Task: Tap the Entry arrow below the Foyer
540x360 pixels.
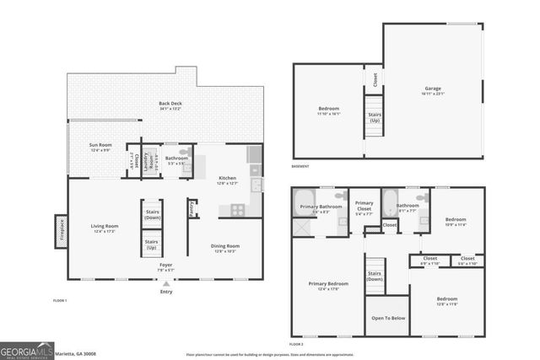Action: (165, 283)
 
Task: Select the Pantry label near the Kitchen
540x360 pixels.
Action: (192, 207)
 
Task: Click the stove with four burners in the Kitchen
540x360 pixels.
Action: (238, 209)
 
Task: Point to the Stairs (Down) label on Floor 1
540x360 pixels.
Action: (153, 214)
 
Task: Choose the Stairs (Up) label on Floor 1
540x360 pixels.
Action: (153, 246)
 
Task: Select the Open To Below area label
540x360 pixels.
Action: (388, 318)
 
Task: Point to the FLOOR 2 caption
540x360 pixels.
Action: (295, 344)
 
